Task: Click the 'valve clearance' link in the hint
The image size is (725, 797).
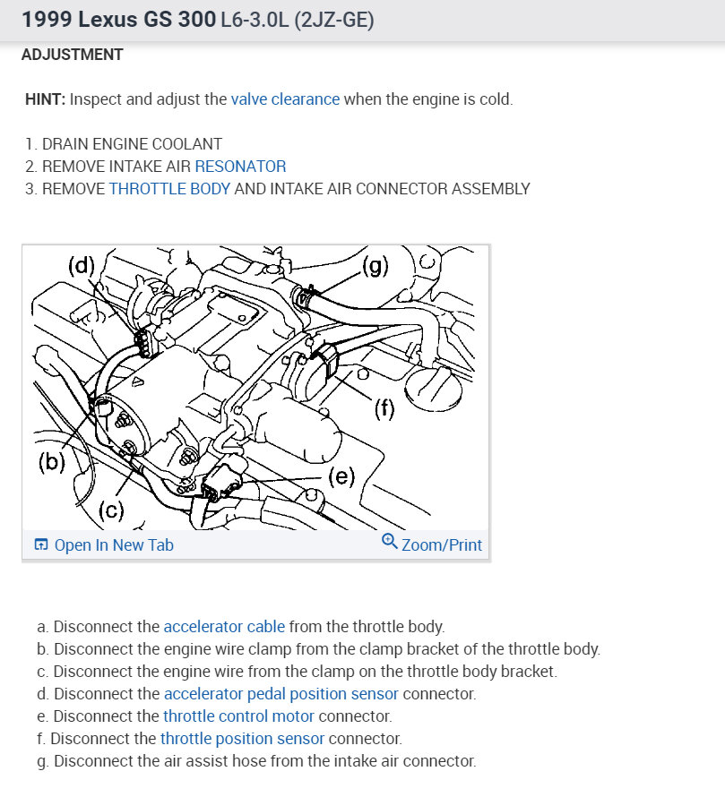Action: coord(285,99)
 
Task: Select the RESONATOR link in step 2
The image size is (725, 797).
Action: coord(240,166)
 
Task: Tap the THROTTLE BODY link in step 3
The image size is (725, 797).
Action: coord(169,189)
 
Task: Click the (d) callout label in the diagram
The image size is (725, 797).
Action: coord(82,265)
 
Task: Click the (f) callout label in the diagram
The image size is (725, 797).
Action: coord(384,409)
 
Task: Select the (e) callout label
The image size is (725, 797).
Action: coord(342,476)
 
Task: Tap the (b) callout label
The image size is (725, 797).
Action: coord(52,463)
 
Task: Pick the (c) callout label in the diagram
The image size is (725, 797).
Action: coord(110,511)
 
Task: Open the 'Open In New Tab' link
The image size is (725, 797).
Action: coord(114,545)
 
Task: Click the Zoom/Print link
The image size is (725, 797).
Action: coord(442,545)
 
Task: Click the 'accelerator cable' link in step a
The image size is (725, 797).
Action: coord(224,627)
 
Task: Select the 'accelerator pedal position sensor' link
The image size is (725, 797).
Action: coord(281,694)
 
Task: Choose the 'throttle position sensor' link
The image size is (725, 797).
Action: coord(242,739)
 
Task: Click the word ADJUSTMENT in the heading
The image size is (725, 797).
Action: coord(73,55)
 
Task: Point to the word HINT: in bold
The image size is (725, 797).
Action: coord(46,99)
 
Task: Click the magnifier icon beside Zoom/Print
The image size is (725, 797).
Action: coord(389,541)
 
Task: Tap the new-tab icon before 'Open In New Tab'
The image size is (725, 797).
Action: coord(40,545)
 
